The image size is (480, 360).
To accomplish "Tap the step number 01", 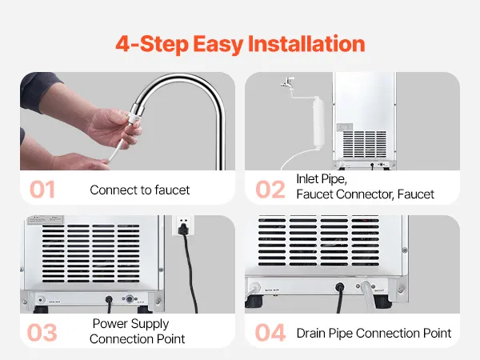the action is (42, 190).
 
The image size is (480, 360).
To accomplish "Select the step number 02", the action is (270, 190).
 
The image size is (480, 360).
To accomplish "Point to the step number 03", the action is (42, 333).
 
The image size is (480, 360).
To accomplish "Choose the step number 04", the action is (270, 333).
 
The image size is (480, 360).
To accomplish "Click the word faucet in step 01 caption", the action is (172, 190).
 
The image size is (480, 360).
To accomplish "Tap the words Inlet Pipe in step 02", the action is (322, 179).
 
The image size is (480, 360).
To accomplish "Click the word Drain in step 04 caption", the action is (311, 333).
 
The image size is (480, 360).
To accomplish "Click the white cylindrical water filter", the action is (318, 123).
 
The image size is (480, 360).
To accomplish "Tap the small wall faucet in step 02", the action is (287, 82).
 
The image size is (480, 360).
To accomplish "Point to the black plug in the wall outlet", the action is (183, 229).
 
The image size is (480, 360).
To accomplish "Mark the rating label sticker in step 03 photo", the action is (46, 220).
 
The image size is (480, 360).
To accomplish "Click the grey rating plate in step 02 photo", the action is (345, 127).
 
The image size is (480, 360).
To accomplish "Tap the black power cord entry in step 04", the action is (340, 287).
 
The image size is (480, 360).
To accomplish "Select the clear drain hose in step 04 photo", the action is (368, 294).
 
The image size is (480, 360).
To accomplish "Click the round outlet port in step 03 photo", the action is (130, 298).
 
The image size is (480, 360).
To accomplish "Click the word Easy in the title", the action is (218, 44).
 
